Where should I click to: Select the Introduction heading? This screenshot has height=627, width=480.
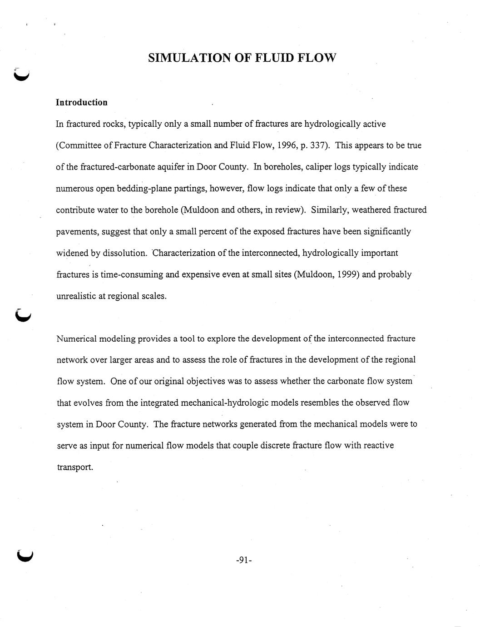(82, 102)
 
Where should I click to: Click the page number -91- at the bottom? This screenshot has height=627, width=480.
(244, 560)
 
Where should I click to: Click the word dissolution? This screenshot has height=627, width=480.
(125, 253)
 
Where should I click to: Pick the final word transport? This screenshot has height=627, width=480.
(74, 467)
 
